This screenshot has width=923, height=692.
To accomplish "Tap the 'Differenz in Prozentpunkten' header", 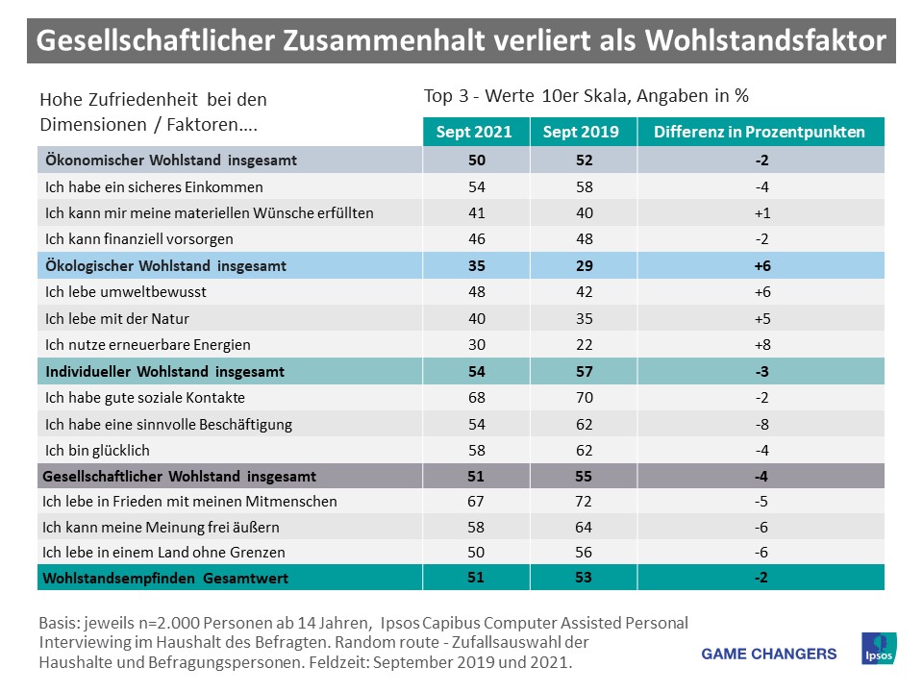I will (x=760, y=133).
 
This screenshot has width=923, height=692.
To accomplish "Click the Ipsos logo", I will (x=880, y=648).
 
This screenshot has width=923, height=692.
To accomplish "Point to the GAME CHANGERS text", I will (x=769, y=654).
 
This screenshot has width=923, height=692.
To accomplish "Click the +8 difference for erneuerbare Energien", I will (x=760, y=344).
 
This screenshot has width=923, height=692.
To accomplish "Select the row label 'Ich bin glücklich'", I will (x=98, y=450).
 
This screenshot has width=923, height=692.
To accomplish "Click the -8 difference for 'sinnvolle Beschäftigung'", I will (x=760, y=424).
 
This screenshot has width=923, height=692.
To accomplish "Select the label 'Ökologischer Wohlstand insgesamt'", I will (x=162, y=265).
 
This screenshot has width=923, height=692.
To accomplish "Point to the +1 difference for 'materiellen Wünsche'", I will (x=760, y=212).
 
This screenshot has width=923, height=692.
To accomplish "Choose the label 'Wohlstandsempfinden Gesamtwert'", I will (x=164, y=578).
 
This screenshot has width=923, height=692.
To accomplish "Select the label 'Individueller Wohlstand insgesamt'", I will (x=162, y=370).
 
